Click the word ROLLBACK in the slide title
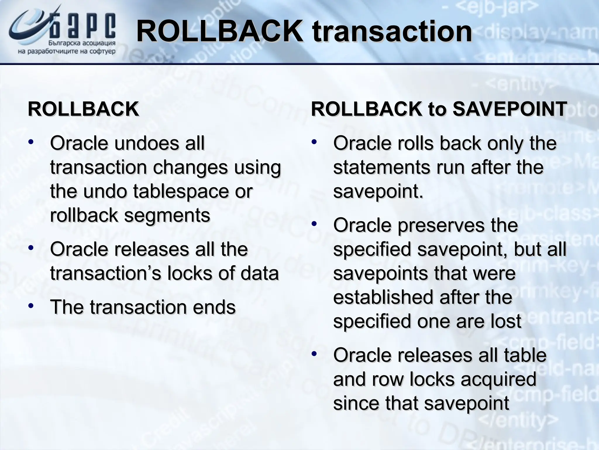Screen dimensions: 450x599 [219, 31]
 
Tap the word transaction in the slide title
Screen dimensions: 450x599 [392, 31]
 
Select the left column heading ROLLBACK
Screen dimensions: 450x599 [83, 109]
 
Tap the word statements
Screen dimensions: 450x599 [382, 168]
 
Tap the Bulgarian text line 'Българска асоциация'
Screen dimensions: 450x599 [82, 43]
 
